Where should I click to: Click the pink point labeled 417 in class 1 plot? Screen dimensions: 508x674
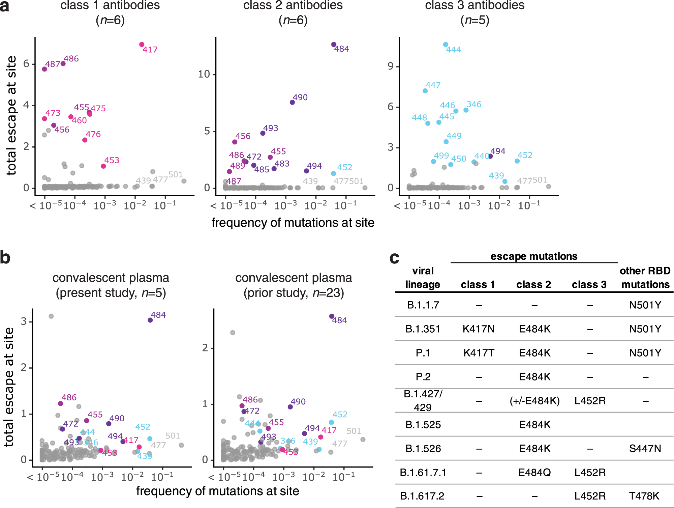(142, 45)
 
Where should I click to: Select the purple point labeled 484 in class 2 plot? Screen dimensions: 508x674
(334, 45)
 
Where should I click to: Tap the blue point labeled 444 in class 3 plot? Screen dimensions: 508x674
(446, 45)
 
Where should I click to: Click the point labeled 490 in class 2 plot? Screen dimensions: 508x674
(292, 102)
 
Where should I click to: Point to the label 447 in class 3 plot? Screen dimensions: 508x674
(433, 85)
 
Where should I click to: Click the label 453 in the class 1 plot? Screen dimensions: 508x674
(112, 160)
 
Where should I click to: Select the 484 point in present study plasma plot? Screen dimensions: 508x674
(150, 320)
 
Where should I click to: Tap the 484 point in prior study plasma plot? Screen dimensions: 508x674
(332, 316)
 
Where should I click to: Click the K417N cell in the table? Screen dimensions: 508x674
(479, 329)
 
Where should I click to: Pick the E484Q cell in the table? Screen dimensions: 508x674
(534, 472)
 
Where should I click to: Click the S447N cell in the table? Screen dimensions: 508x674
(645, 449)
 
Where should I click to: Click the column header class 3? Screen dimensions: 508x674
(589, 285)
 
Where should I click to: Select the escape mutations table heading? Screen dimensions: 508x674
(534, 256)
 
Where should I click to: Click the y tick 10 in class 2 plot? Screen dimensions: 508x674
(204, 74)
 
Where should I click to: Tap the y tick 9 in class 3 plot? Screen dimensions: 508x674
(390, 66)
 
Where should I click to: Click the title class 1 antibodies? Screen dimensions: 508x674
(110, 5)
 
